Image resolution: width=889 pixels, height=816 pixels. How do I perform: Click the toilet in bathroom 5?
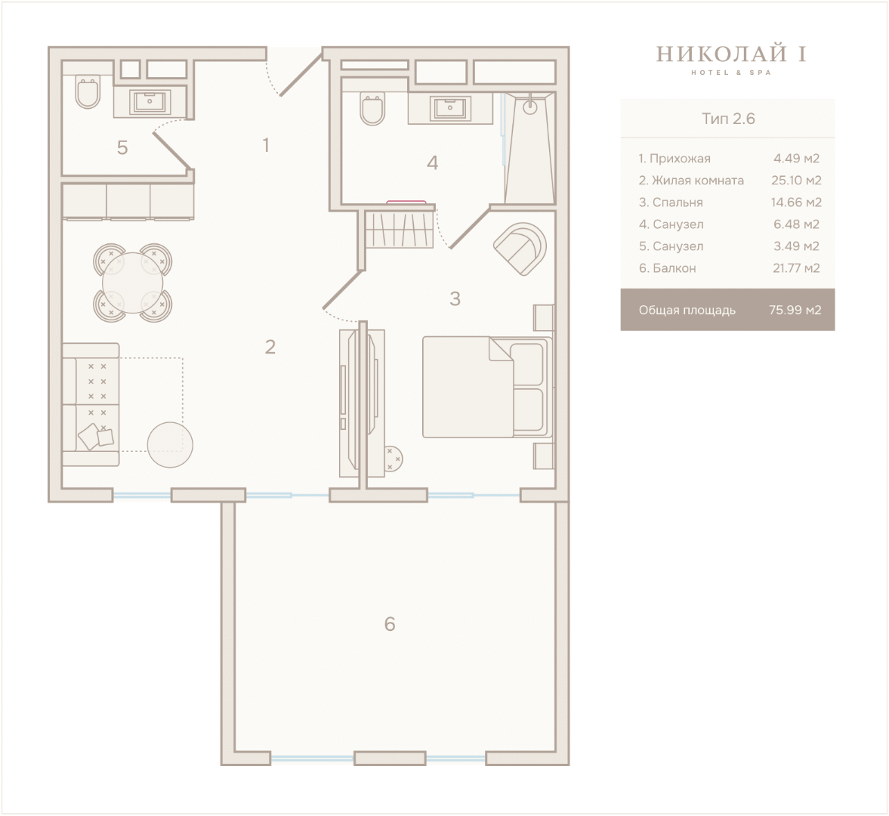point(88,91)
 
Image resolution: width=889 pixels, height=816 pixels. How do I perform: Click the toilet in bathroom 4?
point(372,109)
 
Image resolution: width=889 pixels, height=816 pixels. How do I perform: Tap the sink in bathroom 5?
point(150,102)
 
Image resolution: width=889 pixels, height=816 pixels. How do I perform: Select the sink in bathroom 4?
point(449,108)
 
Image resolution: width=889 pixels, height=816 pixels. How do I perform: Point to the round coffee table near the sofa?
point(170,444)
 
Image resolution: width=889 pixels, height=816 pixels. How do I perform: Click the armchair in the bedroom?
point(520,249)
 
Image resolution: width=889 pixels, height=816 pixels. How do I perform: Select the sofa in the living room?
point(91,404)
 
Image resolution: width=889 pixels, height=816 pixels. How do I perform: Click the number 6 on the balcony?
point(390,624)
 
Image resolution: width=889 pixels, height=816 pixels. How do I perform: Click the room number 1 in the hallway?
point(266,145)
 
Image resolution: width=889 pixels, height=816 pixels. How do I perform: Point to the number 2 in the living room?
point(270,347)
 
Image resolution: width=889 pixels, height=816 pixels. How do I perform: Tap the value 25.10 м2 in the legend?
point(796,181)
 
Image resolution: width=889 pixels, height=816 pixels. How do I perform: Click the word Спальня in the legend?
point(678,202)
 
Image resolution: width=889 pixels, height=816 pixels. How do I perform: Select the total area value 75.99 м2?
point(795,310)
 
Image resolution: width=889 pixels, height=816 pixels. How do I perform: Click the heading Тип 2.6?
point(728,119)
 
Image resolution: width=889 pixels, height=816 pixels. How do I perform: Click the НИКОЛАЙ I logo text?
point(731,54)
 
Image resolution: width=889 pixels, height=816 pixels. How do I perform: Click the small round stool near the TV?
point(392,458)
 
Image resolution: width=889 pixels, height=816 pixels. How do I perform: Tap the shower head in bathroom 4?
point(530,106)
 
